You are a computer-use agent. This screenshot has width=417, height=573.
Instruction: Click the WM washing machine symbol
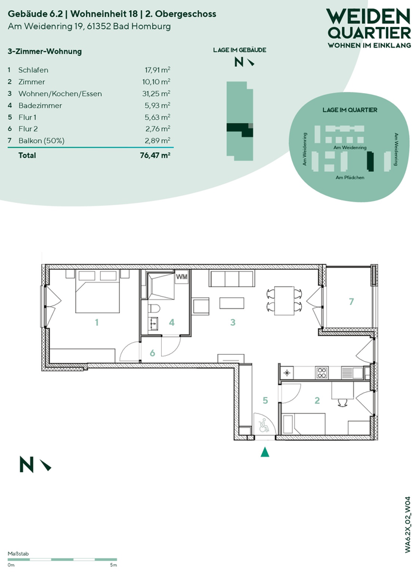point(181,277)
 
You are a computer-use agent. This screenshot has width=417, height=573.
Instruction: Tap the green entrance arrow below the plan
point(265,452)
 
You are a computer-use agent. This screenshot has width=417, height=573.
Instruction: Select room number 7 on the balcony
point(351,301)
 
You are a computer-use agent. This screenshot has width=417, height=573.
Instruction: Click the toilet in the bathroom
point(155,310)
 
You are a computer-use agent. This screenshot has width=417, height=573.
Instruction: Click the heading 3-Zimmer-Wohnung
point(45,51)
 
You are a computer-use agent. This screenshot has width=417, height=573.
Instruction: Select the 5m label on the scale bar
point(114,565)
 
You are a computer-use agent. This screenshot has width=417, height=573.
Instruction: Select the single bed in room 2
point(304,425)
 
